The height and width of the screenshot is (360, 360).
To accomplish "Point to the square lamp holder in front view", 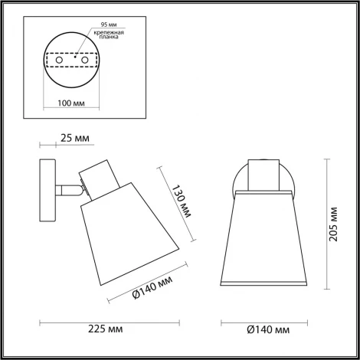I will pyautogui.click(x=263, y=175).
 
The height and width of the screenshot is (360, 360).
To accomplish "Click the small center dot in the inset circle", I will pyautogui.click(x=74, y=55).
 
